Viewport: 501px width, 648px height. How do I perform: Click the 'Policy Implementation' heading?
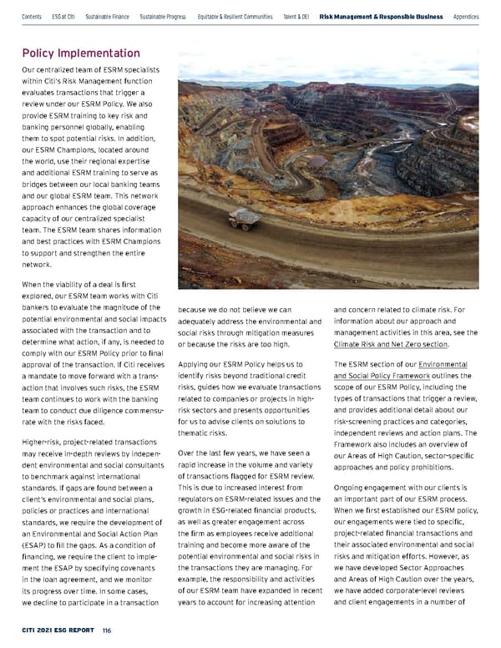[80, 53]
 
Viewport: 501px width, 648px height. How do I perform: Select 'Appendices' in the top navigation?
[466, 16]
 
